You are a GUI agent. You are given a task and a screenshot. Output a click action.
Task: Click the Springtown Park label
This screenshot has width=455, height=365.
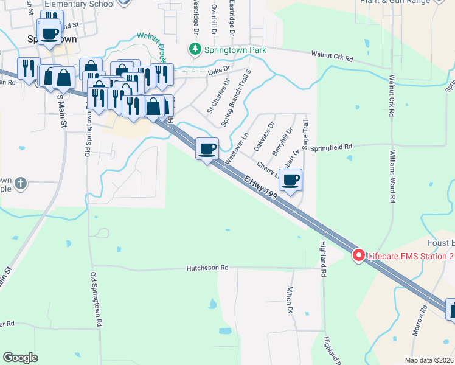coord(232,48)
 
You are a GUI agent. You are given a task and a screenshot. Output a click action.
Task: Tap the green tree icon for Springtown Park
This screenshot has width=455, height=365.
coord(195,48)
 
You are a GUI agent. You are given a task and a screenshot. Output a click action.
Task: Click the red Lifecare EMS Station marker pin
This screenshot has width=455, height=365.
coord(358,256)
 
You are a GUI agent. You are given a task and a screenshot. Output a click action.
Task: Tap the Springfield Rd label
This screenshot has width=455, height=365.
coord(332,147)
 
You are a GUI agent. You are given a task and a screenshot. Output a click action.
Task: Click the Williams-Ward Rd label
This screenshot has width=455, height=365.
coord(393,176)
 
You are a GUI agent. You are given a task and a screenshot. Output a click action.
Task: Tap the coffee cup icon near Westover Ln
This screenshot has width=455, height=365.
coord(207,148)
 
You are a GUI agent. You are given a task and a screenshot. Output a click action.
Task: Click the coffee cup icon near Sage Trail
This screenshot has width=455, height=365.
coord(291,179)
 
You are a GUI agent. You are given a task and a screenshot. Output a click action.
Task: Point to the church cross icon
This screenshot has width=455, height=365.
coord(21,183)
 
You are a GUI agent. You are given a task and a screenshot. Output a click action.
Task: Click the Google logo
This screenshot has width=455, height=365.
coord(20,358)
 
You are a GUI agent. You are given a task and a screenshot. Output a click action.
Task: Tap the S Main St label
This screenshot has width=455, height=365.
coord(60,109)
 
